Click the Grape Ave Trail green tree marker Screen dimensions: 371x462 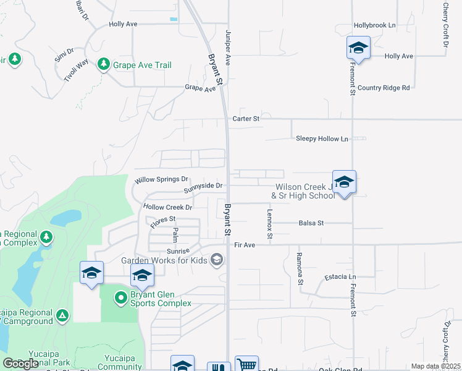(104, 64)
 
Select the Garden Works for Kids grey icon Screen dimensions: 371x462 (216, 260)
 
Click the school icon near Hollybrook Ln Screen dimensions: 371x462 (358, 48)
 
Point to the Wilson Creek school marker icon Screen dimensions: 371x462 (344, 182)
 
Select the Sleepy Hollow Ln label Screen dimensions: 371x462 (322, 139)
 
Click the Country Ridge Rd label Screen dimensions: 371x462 (383, 88)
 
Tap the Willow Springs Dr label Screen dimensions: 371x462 (161, 181)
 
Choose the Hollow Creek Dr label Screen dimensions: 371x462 (168, 207)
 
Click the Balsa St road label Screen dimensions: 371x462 (311, 223)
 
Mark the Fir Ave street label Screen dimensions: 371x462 (245, 245)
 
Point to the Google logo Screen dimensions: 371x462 (20, 363)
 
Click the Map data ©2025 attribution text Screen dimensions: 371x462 (435, 366)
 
